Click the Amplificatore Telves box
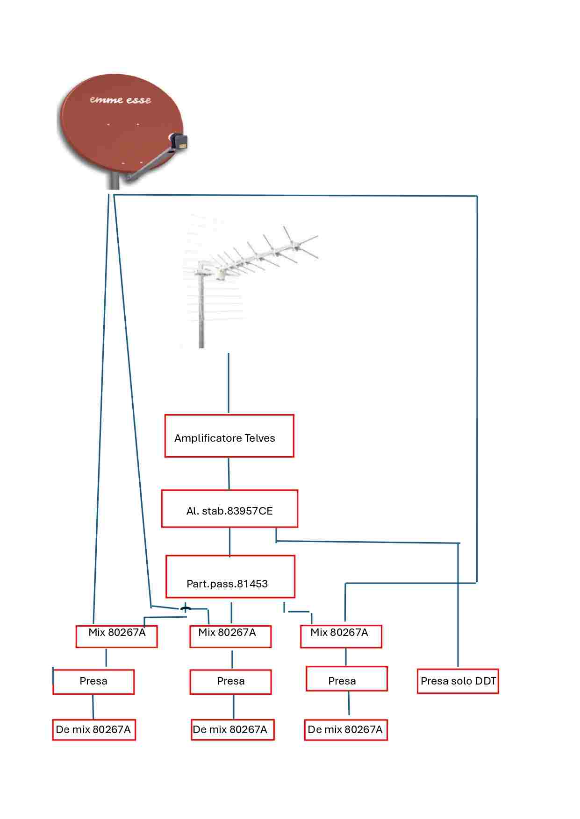(x=229, y=436)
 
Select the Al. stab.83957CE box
(x=229, y=508)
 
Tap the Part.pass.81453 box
(x=230, y=576)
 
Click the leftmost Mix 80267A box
(x=116, y=636)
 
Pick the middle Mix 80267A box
(x=230, y=636)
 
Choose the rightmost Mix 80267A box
(x=341, y=636)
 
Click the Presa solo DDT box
(x=458, y=681)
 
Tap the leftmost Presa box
(x=93, y=682)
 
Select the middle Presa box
(x=230, y=682)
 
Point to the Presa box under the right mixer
(x=346, y=678)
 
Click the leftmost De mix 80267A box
(x=93, y=730)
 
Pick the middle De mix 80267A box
(x=232, y=730)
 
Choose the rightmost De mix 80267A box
(x=346, y=730)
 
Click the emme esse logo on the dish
(x=121, y=100)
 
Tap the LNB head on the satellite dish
(x=178, y=141)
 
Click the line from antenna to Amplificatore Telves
(x=229, y=383)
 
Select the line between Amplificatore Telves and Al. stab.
(x=229, y=473)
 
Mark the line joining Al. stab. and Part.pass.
(x=229, y=542)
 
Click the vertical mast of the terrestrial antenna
(x=201, y=313)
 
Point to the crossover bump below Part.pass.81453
(x=185, y=608)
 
